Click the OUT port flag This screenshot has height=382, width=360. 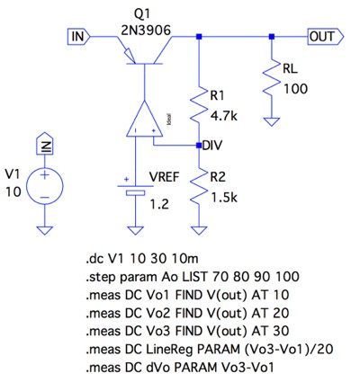(326, 37)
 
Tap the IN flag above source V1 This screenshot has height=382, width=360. (45, 143)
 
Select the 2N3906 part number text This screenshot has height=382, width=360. (146, 30)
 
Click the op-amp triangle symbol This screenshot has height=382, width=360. (144, 120)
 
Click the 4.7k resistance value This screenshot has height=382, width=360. (224, 116)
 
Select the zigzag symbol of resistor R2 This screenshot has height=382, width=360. (199, 188)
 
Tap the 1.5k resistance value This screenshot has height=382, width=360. (224, 198)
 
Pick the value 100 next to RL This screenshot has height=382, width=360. (295, 89)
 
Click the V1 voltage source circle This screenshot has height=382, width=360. (45, 186)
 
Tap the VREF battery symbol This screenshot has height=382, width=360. (135, 191)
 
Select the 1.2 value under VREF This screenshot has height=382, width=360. (159, 204)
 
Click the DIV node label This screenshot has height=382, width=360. (212, 146)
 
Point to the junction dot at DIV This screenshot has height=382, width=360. (199, 146)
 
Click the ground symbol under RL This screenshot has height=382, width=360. (272, 122)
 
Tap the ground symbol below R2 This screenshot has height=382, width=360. (199, 230)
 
